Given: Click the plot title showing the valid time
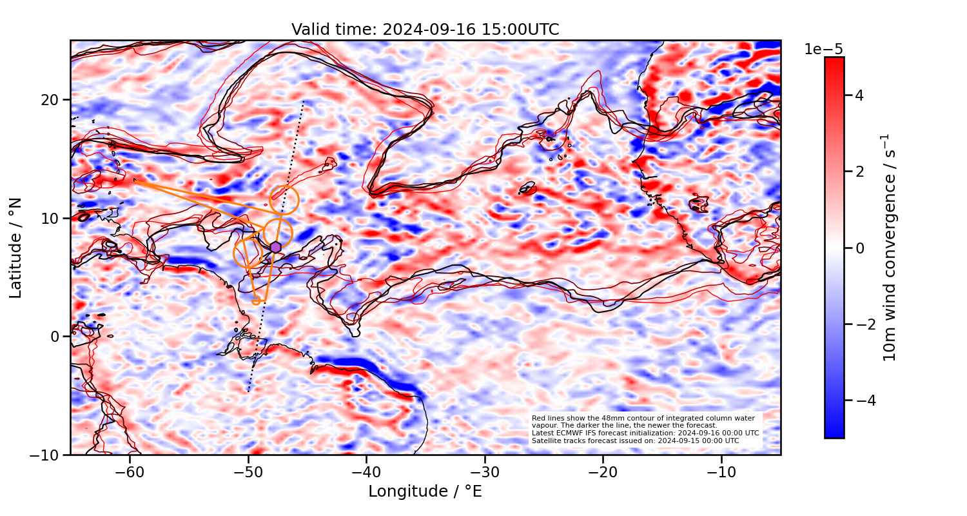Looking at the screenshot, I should point(425,30).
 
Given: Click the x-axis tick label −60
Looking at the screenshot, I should point(130,472).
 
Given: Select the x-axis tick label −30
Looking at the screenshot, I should point(485,472).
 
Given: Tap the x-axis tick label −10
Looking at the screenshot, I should point(721,472).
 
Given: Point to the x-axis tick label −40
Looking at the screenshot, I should point(366,472).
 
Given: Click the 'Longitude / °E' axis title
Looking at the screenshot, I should point(425,491).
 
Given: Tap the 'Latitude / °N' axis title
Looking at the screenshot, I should point(16,248).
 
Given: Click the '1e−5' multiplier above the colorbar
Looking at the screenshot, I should point(823,50).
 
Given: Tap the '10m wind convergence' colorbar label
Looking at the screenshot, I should point(890,248).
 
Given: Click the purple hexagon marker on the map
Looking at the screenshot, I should point(276,247).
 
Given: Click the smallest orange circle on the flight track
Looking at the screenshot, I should point(256,301).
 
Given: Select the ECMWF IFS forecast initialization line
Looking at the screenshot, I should point(645,433).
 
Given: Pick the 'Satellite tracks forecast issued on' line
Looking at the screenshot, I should point(635,441).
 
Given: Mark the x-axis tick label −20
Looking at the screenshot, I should point(603,472).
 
